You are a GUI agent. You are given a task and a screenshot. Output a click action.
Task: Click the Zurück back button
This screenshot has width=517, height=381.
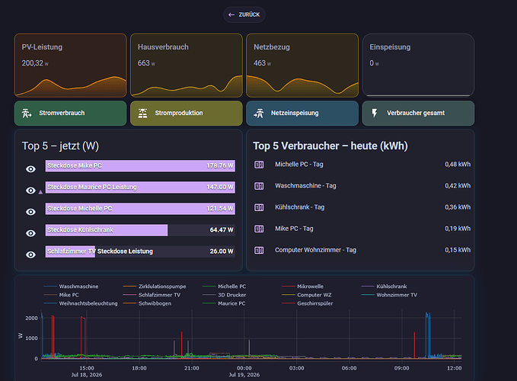click(244, 14)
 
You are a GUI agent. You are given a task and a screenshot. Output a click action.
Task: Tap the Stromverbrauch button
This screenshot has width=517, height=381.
click(70, 113)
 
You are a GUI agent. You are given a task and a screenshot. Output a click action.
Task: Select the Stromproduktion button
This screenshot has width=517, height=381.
click(187, 113)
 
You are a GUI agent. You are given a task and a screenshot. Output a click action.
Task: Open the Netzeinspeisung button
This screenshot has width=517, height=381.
click(302, 113)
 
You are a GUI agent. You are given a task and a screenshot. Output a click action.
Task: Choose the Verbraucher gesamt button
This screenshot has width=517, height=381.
click(418, 113)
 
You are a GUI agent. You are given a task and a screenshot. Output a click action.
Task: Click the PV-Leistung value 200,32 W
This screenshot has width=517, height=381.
click(35, 63)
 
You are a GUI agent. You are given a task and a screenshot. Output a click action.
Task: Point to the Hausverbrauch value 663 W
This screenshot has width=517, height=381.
click(146, 63)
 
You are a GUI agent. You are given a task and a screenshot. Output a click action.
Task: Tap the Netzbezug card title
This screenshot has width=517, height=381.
click(272, 47)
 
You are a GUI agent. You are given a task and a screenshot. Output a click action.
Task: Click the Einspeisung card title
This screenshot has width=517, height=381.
click(390, 47)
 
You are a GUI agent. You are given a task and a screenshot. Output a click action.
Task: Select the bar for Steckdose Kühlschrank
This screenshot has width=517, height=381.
click(107, 230)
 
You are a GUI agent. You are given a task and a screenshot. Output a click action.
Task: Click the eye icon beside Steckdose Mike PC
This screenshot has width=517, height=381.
click(30, 169)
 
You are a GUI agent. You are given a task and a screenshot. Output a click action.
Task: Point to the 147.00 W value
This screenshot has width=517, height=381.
click(220, 187)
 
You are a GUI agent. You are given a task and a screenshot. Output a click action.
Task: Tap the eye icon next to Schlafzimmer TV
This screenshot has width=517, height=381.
click(30, 255)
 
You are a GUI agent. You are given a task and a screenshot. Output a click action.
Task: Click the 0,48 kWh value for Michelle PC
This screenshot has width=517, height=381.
click(458, 165)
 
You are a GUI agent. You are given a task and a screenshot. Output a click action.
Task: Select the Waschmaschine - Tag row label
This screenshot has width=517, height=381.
click(305, 186)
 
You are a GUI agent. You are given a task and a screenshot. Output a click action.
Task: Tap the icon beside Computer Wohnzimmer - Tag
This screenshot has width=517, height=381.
click(259, 250)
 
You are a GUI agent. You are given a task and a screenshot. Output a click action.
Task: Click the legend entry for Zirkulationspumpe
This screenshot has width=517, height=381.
click(155, 287)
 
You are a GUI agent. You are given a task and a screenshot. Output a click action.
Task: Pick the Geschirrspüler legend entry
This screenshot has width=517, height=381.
click(308, 303)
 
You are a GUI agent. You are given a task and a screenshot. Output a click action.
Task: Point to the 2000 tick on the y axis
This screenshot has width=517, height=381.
click(32, 318)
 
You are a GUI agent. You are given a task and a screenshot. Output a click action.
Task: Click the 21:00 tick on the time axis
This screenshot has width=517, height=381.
click(192, 368)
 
